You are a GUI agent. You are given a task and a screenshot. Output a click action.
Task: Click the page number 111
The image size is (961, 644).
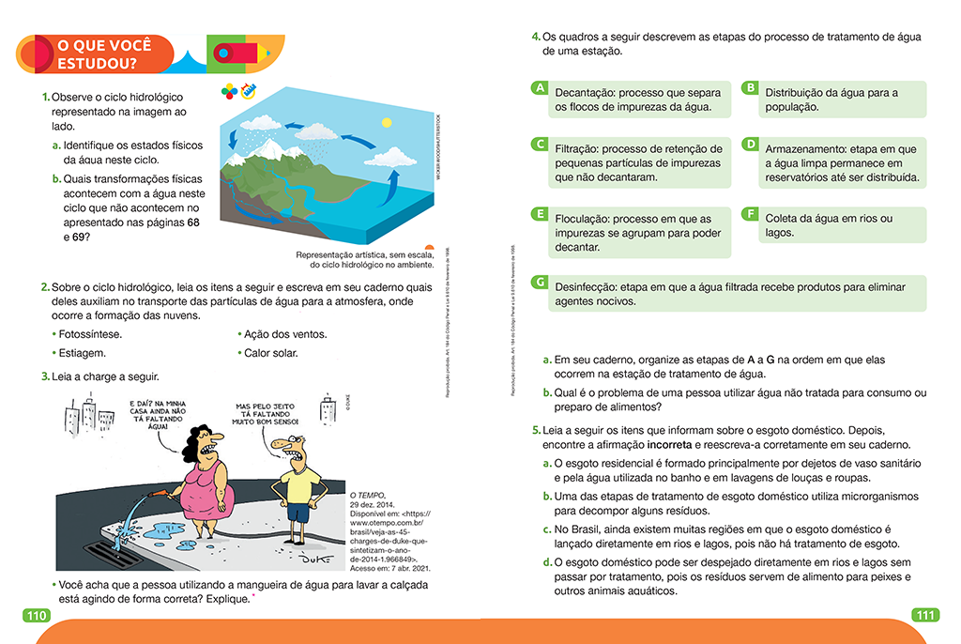tap(924, 616)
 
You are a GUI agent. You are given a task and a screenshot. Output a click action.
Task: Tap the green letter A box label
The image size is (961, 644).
tap(539, 87)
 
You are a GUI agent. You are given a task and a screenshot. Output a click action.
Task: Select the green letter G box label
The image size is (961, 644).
tap(539, 282)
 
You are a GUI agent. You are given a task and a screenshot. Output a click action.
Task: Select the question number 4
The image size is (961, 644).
tap(536, 37)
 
